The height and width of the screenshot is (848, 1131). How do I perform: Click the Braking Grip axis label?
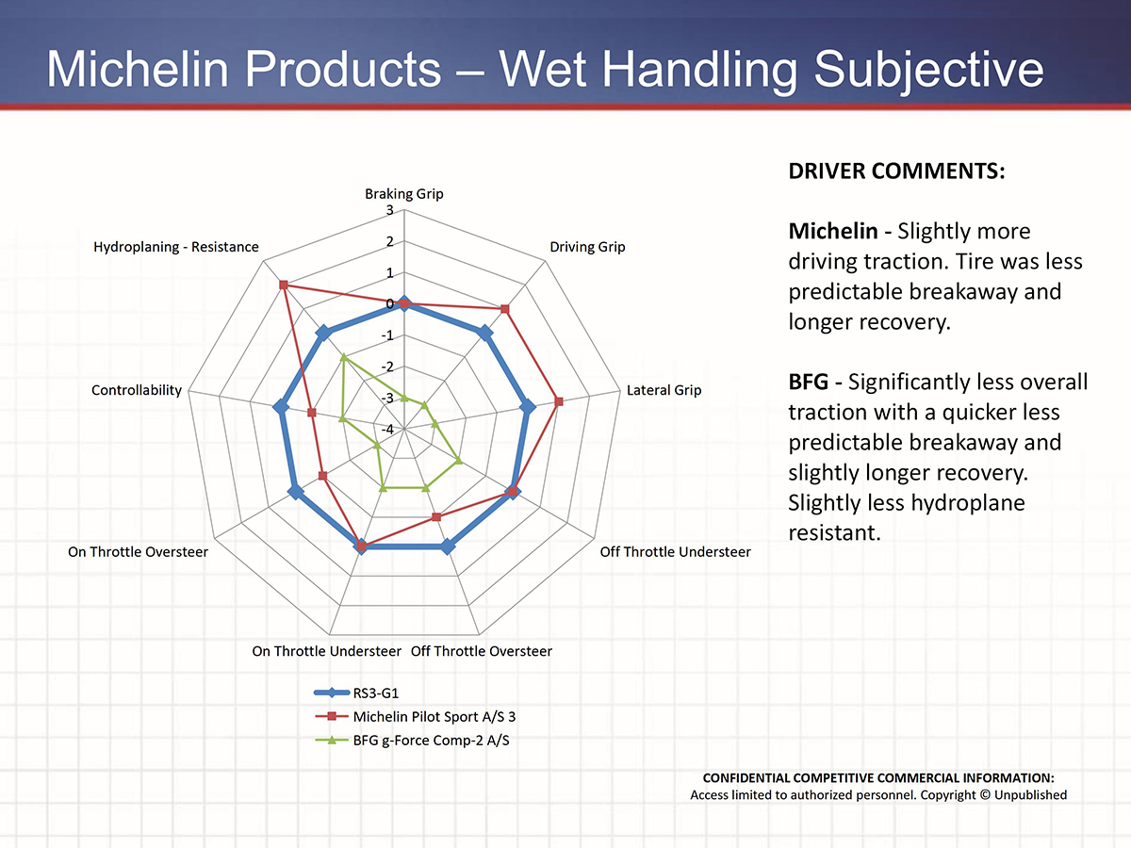(x=403, y=194)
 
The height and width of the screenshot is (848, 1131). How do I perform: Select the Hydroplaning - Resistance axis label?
(x=175, y=247)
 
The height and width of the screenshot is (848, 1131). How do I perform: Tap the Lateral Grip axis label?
(x=664, y=390)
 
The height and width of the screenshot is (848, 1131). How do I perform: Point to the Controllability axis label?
(x=137, y=390)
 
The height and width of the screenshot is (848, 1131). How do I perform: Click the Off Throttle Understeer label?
(x=675, y=551)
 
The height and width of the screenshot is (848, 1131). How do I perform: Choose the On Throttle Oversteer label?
(x=138, y=551)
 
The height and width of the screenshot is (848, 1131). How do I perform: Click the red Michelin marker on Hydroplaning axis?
(x=284, y=285)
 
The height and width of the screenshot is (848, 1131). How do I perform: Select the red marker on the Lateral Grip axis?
(x=559, y=401)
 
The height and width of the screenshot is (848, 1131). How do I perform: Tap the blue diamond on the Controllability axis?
(x=280, y=408)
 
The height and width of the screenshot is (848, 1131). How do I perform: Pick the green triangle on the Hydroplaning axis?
(x=344, y=357)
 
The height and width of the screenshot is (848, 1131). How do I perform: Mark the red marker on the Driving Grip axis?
(x=505, y=309)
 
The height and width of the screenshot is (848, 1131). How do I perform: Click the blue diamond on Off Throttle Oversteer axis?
(x=448, y=546)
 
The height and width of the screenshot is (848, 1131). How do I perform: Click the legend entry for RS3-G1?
(x=374, y=693)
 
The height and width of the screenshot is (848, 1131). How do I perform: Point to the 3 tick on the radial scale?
(x=390, y=210)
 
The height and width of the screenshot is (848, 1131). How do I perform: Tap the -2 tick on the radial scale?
(x=387, y=367)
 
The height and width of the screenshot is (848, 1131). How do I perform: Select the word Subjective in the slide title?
(x=929, y=71)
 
